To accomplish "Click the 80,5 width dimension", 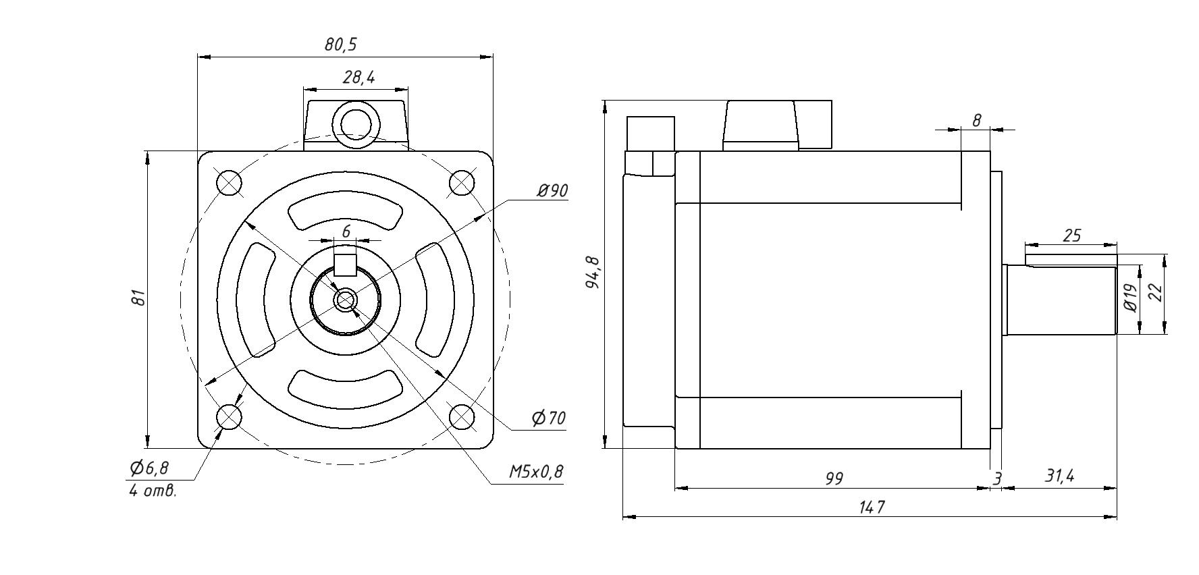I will click(x=341, y=45).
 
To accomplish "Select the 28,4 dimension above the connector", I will click(x=358, y=78).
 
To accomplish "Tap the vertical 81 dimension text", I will click(x=138, y=297).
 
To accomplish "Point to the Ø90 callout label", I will click(x=552, y=192).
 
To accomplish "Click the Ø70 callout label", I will click(x=548, y=418).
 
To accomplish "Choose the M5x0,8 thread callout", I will click(x=535, y=472).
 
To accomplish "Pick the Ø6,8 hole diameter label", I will click(x=149, y=468).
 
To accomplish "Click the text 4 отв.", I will click(x=153, y=491).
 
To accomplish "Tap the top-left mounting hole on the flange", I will click(x=229, y=182).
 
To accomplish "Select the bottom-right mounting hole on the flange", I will click(x=462, y=416).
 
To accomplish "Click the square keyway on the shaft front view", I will click(x=346, y=265).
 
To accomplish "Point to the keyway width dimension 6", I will click(x=346, y=231).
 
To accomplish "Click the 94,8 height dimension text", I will click(x=593, y=273).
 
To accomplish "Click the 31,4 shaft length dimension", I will click(x=1059, y=476).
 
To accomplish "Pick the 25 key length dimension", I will click(x=1071, y=236).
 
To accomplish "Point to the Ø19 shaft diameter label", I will click(x=1131, y=297).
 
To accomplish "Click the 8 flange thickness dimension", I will click(x=976, y=120).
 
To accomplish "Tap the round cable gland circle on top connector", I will click(x=356, y=125).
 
